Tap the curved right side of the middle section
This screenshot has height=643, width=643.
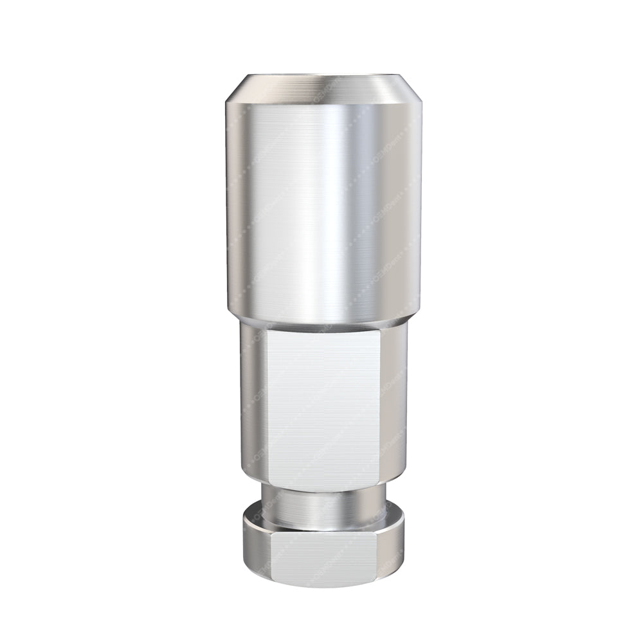(394, 405)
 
